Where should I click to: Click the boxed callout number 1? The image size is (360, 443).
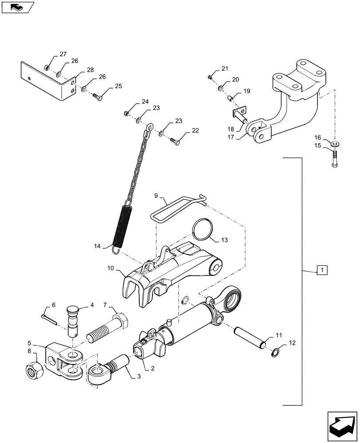pyautogui.click(x=322, y=270)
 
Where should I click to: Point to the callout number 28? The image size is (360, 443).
pyautogui.click(x=90, y=70)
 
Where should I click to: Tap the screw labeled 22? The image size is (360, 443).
pyautogui.click(x=174, y=140)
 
